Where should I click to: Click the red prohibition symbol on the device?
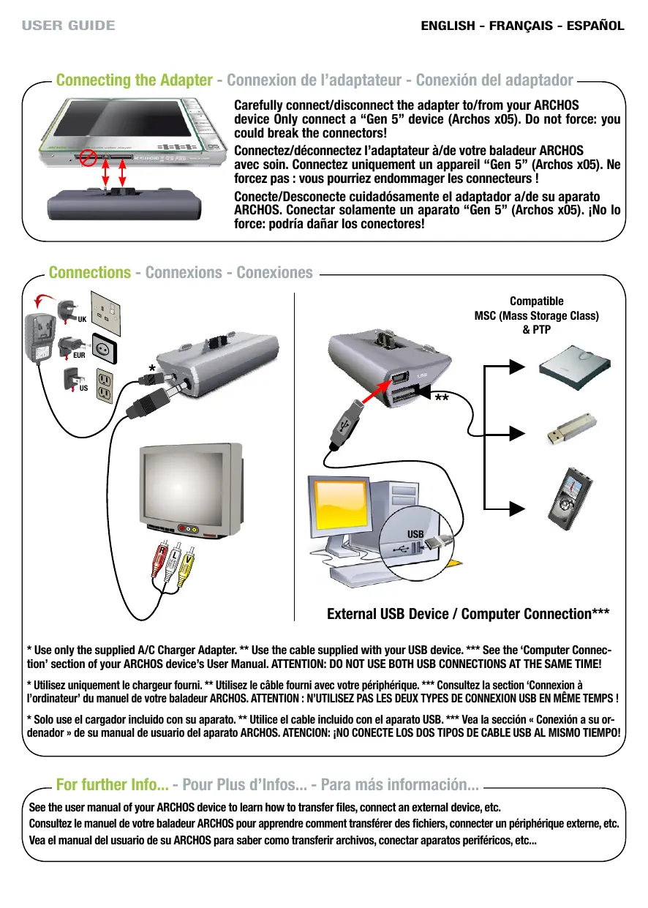[x=87, y=156]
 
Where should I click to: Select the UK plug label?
[x=82, y=320]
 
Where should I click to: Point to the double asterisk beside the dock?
[x=441, y=399]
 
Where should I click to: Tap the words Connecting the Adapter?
[x=134, y=80]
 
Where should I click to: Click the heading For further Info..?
[x=112, y=787]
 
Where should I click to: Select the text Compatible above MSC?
[x=536, y=301]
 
